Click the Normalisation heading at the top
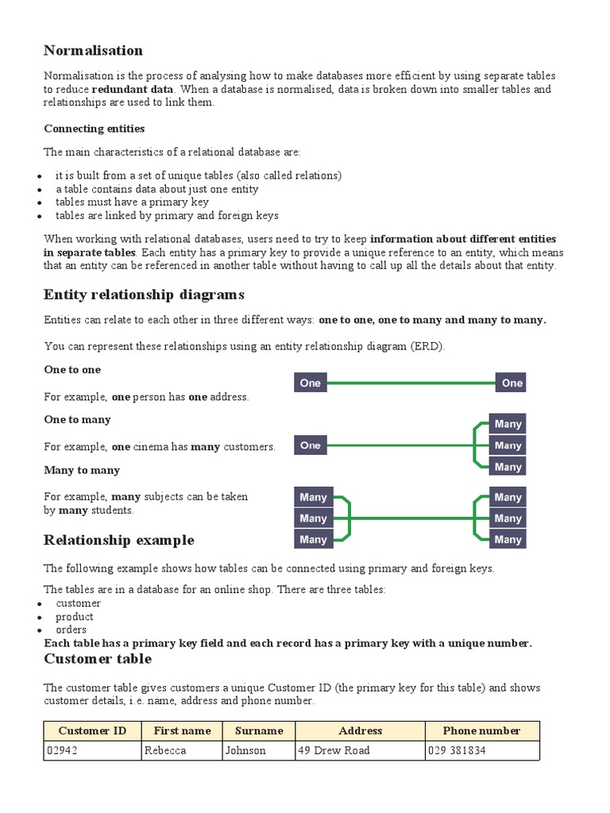click(x=93, y=51)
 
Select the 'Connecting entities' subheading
click(x=94, y=129)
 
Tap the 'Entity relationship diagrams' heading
click(x=144, y=295)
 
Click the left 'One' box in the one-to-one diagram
click(x=311, y=383)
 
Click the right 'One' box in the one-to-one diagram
click(x=512, y=383)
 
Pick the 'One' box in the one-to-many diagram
click(x=311, y=445)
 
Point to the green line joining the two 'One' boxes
click(x=411, y=383)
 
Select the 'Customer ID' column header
click(x=92, y=730)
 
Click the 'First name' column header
click(x=182, y=730)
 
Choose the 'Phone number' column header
click(x=481, y=730)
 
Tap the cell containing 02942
click(x=92, y=750)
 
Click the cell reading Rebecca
click(x=182, y=750)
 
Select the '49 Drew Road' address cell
click(x=359, y=750)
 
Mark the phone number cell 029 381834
click(x=481, y=750)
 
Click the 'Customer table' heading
click(x=98, y=659)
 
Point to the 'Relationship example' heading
click(x=119, y=541)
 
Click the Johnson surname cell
click(x=258, y=750)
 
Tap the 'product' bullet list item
click(x=74, y=617)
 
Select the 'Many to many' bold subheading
click(x=82, y=470)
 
